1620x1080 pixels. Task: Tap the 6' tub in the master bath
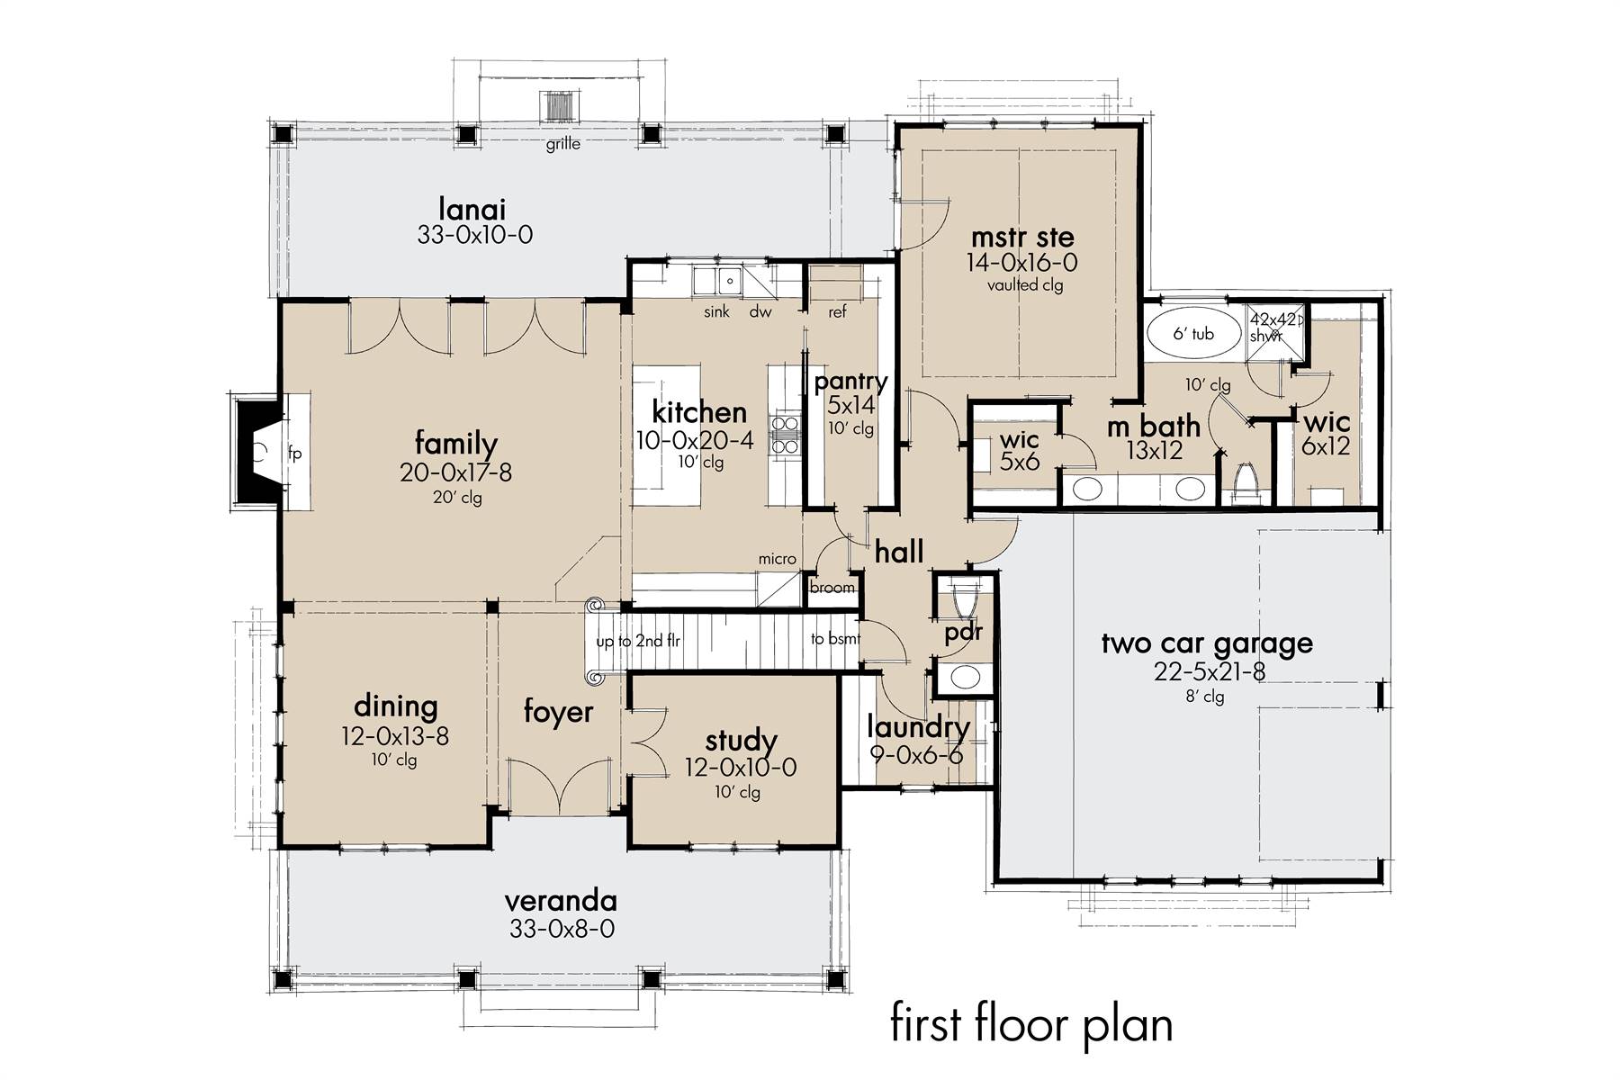[x=1192, y=334]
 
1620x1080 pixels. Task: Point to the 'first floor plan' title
[x=1031, y=1025]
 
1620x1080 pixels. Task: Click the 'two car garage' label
[x=1207, y=643]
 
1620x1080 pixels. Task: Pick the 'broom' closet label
[x=832, y=588]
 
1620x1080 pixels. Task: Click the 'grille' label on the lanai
[x=563, y=144]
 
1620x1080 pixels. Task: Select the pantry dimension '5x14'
[x=850, y=406]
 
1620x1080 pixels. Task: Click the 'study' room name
[x=741, y=741]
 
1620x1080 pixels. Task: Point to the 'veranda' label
[x=561, y=900]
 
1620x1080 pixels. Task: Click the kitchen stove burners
[x=786, y=434]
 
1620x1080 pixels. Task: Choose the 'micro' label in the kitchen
[x=777, y=559]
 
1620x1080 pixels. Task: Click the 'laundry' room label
[x=918, y=727]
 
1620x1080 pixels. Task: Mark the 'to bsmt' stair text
[x=835, y=639]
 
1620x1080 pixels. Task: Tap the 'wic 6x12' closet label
[x=1327, y=433]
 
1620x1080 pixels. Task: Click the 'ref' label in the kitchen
[x=837, y=312]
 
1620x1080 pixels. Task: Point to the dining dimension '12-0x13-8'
[x=394, y=736]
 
